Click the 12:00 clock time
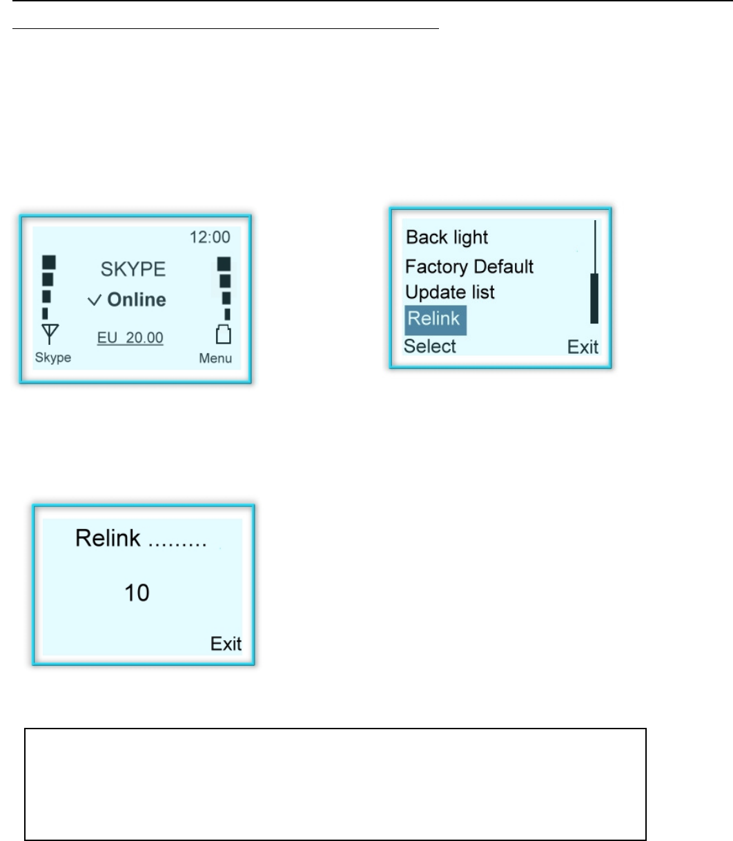pyautogui.click(x=210, y=237)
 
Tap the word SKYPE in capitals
pyautogui.click(x=133, y=269)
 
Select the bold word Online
pyautogui.click(x=137, y=300)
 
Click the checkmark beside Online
pyautogui.click(x=95, y=301)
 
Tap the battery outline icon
pyautogui.click(x=223, y=336)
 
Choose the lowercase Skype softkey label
pyautogui.click(x=53, y=358)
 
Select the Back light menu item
pyautogui.click(x=447, y=238)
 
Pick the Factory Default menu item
pyautogui.click(x=469, y=266)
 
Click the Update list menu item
pyautogui.click(x=449, y=293)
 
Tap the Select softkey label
pyautogui.click(x=429, y=346)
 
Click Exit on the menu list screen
pyautogui.click(x=583, y=347)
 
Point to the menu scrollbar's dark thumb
pyautogui.click(x=594, y=298)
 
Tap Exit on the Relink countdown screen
pyautogui.click(x=226, y=644)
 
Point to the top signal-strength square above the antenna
pyautogui.click(x=49, y=262)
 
